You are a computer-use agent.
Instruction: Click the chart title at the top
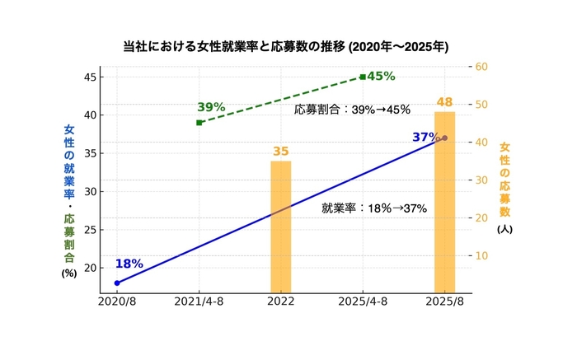point(285,46)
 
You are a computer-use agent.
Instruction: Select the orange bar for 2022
point(281,227)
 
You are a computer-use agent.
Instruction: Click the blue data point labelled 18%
point(117,283)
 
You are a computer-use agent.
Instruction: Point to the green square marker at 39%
point(199,123)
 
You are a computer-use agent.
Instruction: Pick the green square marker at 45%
point(363,77)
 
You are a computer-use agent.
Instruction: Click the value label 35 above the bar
point(281,152)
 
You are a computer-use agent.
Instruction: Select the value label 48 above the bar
point(445,102)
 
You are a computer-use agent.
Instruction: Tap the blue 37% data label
point(425,137)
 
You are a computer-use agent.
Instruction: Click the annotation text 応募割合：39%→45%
point(352,110)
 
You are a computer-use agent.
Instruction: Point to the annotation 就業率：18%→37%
point(374,208)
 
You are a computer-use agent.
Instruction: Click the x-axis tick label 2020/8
point(117,303)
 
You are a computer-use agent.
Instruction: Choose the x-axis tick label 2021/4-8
point(199,303)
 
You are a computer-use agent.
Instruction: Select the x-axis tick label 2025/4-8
point(363,303)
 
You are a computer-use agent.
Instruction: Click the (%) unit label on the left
point(69,274)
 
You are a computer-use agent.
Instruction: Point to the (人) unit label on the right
point(504,229)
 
